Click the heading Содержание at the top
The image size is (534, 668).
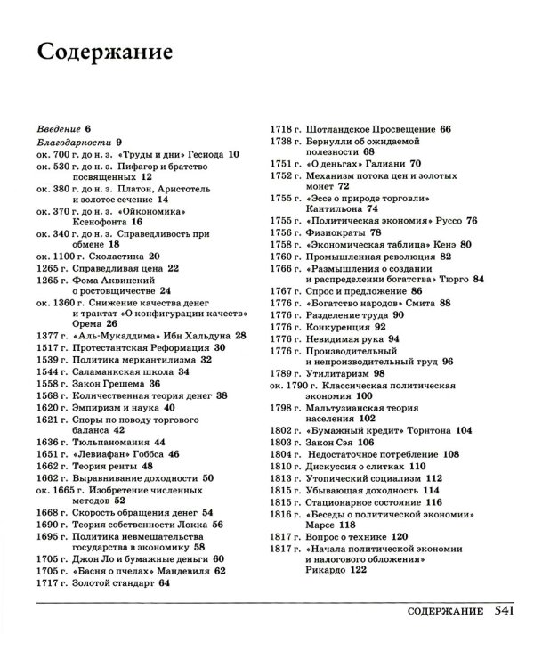(105, 52)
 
